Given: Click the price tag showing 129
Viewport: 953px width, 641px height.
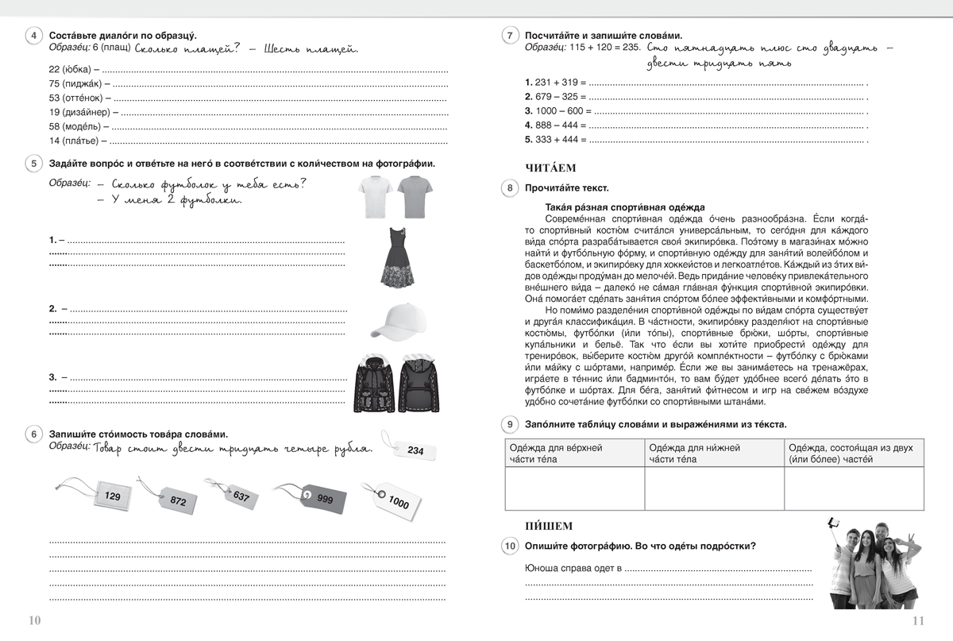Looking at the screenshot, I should pos(110,496).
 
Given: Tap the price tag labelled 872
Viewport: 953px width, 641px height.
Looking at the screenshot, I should pos(176,500).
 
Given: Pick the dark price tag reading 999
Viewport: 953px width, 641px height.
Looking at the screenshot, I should pos(322,496).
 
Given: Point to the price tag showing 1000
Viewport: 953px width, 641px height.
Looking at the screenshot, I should pos(397,500).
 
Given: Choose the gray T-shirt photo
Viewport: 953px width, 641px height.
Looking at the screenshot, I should pos(415,196).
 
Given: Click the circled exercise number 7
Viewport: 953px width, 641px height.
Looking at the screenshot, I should pos(510,37).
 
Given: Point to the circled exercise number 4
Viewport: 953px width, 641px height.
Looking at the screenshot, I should pos(33,37).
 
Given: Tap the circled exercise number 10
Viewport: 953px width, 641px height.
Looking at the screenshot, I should pos(510,546).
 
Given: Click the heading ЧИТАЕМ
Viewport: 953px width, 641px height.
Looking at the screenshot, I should pos(550,168).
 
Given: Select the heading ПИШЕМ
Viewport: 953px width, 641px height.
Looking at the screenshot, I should pos(549,526).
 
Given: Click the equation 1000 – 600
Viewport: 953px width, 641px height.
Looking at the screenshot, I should pos(559,111).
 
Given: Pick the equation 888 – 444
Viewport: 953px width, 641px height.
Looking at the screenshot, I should pos(556,125).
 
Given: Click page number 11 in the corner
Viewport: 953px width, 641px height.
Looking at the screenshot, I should pos(919,621).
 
